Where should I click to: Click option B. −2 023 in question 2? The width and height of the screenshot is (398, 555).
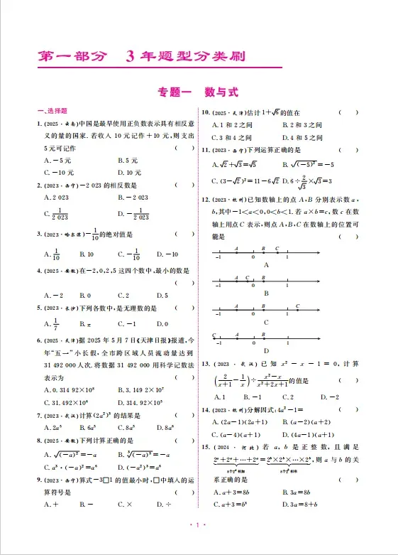pyautogui.click(x=133, y=196)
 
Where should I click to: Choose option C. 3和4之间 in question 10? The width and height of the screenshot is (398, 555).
pyautogui.click(x=232, y=137)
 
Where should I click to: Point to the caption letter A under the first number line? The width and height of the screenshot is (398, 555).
pyautogui.click(x=266, y=264)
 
